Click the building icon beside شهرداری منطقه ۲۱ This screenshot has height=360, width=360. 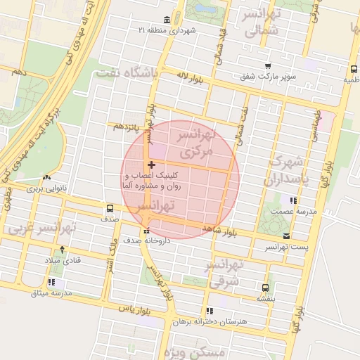click(166, 19)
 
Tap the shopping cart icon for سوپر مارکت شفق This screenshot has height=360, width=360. click(267, 66)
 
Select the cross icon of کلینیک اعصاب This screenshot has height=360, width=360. click(151, 165)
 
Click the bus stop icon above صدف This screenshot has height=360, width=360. click(110, 208)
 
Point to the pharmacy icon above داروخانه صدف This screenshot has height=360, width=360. click(146, 231)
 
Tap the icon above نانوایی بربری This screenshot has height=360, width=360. click(46, 179)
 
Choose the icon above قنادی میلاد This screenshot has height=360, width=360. click(63, 250)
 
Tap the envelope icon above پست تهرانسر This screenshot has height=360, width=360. click(285, 236)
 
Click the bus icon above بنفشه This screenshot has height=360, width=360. click(265, 288)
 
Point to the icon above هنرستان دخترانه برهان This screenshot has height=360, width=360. click(210, 310)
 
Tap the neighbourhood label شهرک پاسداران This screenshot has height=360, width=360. click(285, 170)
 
